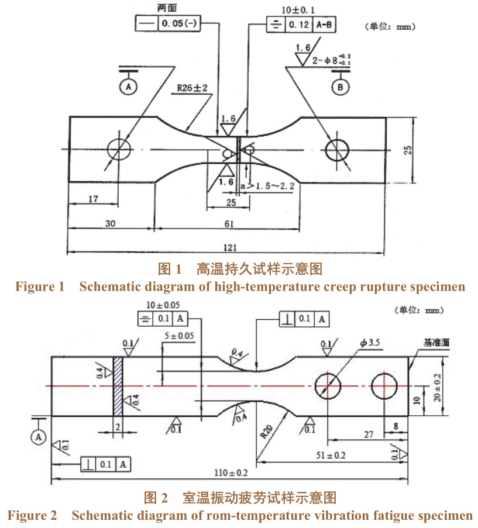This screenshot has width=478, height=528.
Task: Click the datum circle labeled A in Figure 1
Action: [128, 87]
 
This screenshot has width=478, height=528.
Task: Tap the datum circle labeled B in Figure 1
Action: [340, 88]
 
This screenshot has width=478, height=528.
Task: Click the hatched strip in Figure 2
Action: [118, 386]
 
